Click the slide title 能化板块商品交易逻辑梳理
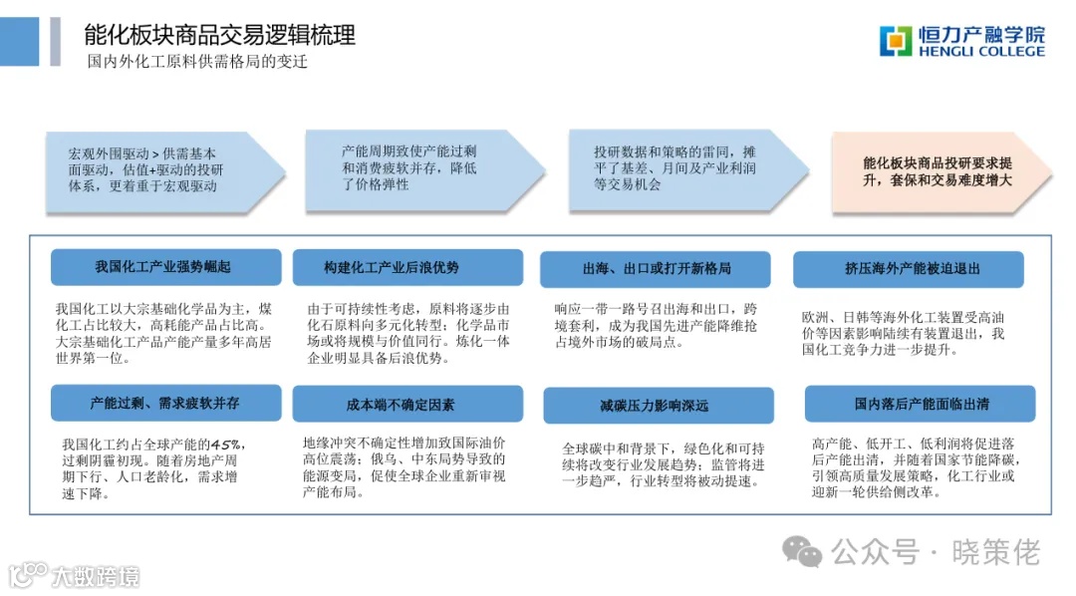[219, 36]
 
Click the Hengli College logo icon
[895, 41]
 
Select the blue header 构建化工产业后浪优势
[406, 267]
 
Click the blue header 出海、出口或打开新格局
[655, 269]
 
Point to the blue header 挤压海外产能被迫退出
[907, 269]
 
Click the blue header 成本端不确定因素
[406, 404]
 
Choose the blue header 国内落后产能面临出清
[920, 404]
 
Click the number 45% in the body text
[226, 444]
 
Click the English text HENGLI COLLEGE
[981, 51]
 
